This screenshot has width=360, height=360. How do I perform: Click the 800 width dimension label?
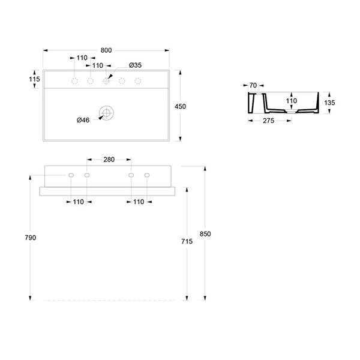(x=106, y=50)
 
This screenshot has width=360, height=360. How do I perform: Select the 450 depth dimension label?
(x=180, y=106)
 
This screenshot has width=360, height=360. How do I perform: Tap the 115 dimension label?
(x=34, y=79)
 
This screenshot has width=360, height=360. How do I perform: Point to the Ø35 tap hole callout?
(x=135, y=65)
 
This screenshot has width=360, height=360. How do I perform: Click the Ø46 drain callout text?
(x=83, y=120)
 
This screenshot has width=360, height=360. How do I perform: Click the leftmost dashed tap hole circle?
(x=74, y=81)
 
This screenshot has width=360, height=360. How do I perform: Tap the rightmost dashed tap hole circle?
(x=138, y=81)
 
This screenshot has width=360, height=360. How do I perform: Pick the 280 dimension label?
(x=109, y=160)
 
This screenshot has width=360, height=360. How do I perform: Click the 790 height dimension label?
(x=31, y=238)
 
